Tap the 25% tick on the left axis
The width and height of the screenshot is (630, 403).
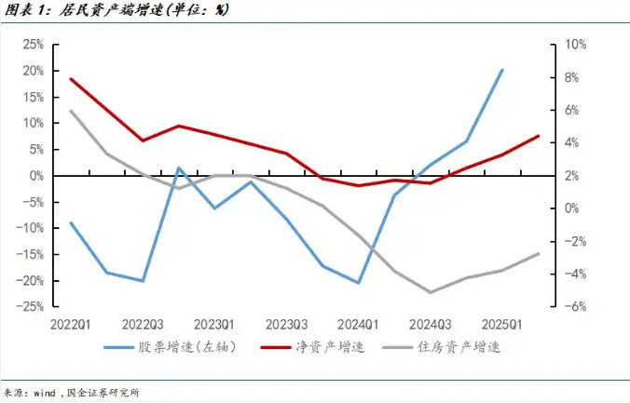pyautogui.click(x=34, y=44)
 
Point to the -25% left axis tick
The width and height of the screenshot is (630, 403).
pyautogui.click(x=31, y=306)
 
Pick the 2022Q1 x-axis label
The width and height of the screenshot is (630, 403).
pyautogui.click(x=71, y=324)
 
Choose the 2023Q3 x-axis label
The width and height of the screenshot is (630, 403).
pyautogui.click(x=285, y=324)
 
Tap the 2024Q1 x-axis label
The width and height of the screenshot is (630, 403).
pyautogui.click(x=358, y=324)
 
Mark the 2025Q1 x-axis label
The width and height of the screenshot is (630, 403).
pyautogui.click(x=501, y=324)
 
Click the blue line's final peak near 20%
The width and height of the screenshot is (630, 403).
pyautogui.click(x=502, y=70)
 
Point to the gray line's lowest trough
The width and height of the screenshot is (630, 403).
pyautogui.click(x=431, y=291)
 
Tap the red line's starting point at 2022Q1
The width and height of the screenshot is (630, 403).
pyautogui.click(x=71, y=79)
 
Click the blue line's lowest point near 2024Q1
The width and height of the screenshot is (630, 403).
pyautogui.click(x=358, y=282)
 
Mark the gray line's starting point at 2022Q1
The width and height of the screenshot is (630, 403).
pyautogui.click(x=71, y=111)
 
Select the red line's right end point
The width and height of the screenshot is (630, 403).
pyautogui.click(x=539, y=136)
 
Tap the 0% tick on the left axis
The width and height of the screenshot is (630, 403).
pyautogui.click(x=37, y=175)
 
